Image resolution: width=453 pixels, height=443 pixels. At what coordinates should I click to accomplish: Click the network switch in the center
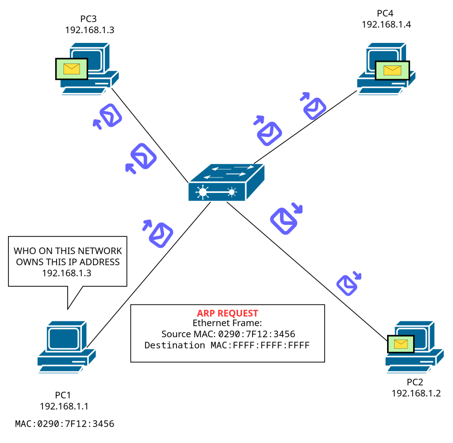coord(226,183)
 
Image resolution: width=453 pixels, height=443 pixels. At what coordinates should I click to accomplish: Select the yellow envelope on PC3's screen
coord(72,69)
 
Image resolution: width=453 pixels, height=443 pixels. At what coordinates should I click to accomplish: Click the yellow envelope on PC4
coord(392,70)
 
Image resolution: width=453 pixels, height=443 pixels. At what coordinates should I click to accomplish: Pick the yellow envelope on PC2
coord(400,344)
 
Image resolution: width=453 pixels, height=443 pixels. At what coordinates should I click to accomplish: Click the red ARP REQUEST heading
coord(227,313)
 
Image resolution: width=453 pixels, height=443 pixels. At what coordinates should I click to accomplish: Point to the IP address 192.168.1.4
coord(386,24)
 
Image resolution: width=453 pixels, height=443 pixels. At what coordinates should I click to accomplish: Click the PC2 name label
coord(415,382)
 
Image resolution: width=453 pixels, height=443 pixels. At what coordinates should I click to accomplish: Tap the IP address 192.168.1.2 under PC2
coord(416,393)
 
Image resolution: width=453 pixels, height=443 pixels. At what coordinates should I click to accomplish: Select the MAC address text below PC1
coord(65,424)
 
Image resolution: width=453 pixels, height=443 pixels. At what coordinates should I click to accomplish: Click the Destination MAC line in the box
coord(227,345)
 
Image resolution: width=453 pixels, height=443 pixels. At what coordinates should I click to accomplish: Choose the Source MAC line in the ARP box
coord(228,334)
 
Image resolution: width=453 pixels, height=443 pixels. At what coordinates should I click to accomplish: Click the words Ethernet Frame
coord(227,324)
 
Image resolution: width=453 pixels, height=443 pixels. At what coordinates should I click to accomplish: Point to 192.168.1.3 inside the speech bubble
coord(67,273)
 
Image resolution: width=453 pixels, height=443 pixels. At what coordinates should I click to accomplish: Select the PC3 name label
coord(88,19)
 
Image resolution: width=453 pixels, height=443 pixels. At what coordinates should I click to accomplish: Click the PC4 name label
coord(386,13)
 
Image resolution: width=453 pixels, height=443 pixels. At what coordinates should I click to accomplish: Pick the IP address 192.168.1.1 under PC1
coord(66,406)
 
